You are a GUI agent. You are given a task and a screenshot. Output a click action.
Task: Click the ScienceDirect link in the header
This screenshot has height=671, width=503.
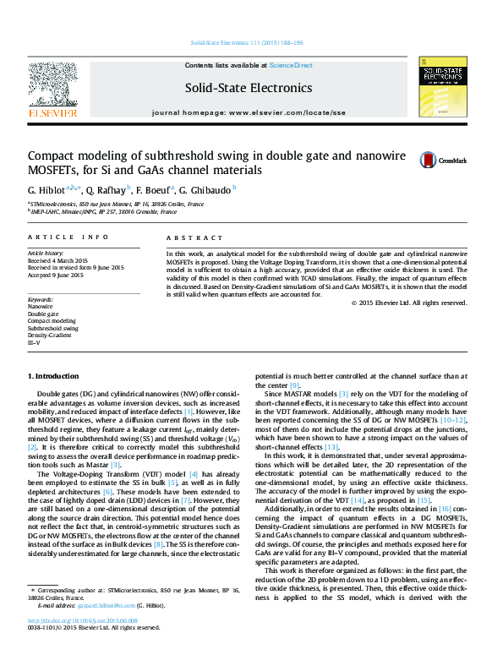pyautogui.click(x=291, y=65)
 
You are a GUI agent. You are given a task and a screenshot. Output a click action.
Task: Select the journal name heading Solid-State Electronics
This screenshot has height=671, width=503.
pyautogui.click(x=249, y=88)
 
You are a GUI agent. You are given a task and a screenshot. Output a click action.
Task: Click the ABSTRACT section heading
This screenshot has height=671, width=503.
pyautogui.click(x=187, y=238)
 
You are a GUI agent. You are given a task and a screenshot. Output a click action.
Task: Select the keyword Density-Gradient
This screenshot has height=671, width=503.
pyautogui.click(x=49, y=335)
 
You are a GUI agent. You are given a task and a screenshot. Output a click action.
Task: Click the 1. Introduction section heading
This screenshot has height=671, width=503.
pyautogui.click(x=56, y=374)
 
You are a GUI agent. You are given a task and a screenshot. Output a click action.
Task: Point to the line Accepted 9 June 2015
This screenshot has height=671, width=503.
pyautogui.click(x=56, y=275)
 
